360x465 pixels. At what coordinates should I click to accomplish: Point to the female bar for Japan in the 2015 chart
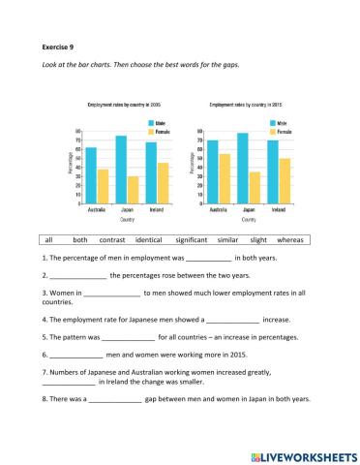coord(255,188)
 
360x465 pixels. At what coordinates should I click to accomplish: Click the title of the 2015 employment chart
coord(250,104)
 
